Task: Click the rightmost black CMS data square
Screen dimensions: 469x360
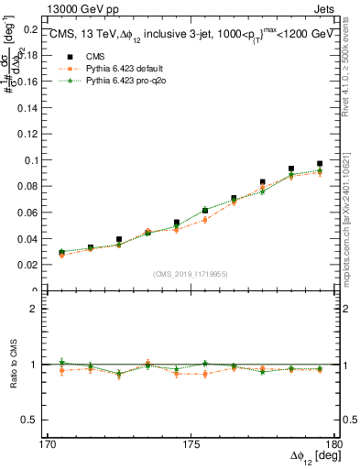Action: [320, 164]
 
